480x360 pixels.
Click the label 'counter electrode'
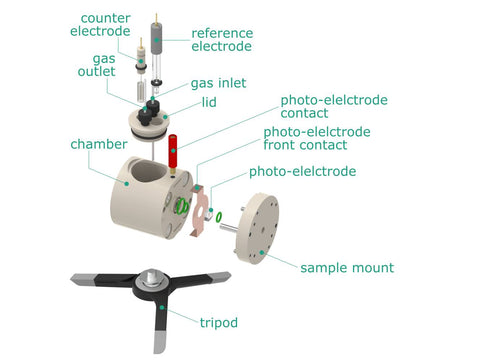(x=100, y=25)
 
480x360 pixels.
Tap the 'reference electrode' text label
(x=222, y=40)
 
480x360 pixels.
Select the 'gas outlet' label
(x=97, y=65)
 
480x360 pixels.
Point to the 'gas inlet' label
(x=218, y=83)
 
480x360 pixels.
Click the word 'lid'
(x=209, y=102)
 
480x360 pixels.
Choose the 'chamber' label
(x=99, y=144)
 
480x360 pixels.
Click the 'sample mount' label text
(x=347, y=268)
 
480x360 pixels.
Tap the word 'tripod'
(x=219, y=323)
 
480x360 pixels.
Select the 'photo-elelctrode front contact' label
(x=317, y=138)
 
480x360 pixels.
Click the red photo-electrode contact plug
(x=173, y=151)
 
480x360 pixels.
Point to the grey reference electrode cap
(x=156, y=38)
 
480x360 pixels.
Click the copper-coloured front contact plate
(x=200, y=211)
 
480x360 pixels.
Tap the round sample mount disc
(x=259, y=228)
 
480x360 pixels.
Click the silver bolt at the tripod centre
(x=152, y=277)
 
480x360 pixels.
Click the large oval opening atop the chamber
(x=149, y=171)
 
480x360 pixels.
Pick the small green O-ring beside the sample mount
(x=219, y=217)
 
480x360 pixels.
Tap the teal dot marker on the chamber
(x=127, y=184)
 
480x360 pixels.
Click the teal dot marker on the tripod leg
(x=162, y=307)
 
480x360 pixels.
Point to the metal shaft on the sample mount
(x=229, y=227)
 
